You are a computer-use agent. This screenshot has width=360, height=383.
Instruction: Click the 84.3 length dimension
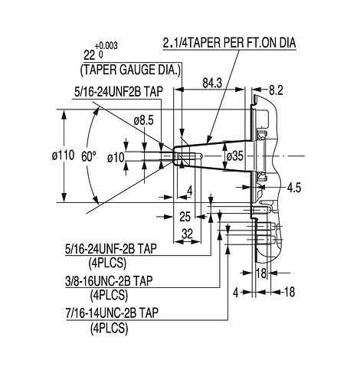coord(212,83)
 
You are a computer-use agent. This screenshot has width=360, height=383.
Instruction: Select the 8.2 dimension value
coord(276,90)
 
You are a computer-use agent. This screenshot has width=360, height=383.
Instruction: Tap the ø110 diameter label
coord(63,155)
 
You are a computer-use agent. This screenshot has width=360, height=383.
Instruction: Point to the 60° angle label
coord(89,156)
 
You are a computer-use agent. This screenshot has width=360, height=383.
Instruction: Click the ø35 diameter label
coord(235,156)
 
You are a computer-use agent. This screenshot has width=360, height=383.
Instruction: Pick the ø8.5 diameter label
coord(144,120)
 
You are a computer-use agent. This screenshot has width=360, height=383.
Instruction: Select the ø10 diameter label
coord(116,158)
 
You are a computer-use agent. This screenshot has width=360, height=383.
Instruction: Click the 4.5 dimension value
coord(294,188)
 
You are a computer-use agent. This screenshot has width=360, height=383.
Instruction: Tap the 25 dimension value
coord(185,217)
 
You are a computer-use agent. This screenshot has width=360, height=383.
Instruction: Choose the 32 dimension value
coord(187,234)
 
